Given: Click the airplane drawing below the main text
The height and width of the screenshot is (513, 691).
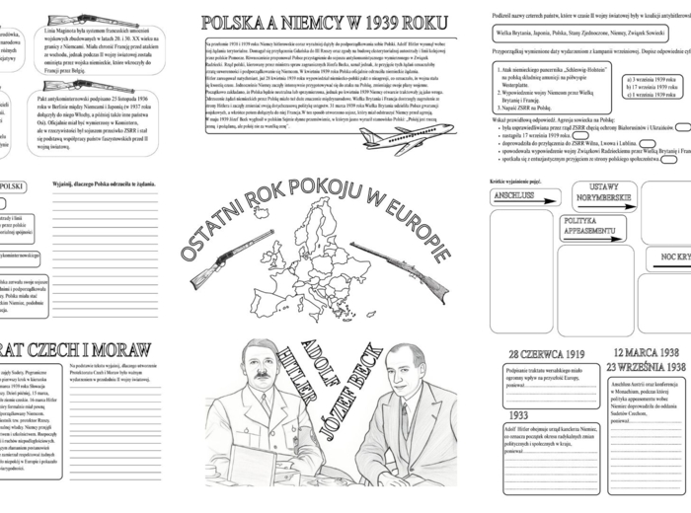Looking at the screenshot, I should tap(405, 137).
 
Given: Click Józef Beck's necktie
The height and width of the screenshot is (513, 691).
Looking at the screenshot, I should tap(404, 419).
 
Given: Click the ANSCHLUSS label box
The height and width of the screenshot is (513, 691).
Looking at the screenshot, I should tap(513, 195).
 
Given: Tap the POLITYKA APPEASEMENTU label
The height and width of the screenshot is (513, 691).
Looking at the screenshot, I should tap(592, 228).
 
